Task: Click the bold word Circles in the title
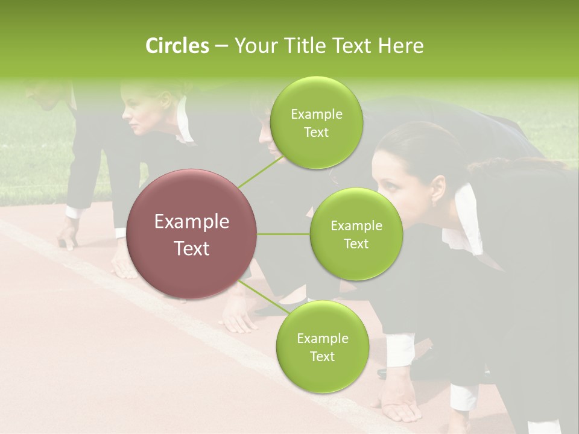point(177,46)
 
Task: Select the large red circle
point(192,234)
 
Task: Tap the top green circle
point(316,122)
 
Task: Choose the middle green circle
point(356,234)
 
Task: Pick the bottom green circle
point(322,347)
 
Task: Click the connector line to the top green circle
point(260,171)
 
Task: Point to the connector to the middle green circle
point(283,234)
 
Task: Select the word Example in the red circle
point(192,222)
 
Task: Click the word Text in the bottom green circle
point(322,356)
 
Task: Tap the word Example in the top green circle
point(316,114)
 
